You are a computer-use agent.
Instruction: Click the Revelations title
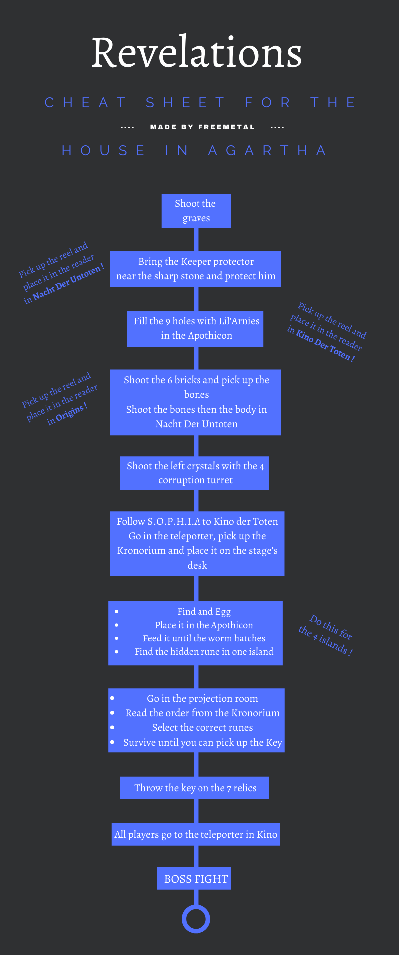click(197, 53)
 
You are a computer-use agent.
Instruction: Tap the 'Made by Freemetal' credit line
click(202, 127)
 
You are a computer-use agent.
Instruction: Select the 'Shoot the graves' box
click(196, 211)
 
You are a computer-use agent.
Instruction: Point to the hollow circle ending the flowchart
click(196, 918)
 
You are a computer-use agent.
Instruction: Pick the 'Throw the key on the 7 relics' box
click(195, 788)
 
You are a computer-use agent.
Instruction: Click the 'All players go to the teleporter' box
click(196, 834)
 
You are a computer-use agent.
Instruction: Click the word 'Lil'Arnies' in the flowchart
click(239, 321)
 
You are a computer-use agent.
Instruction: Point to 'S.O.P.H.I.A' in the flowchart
click(173, 522)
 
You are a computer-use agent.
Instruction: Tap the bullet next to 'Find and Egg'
click(116, 611)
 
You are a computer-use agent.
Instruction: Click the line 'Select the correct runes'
click(202, 727)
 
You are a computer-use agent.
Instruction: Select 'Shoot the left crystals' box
click(195, 473)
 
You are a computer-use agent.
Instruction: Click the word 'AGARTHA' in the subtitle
click(267, 151)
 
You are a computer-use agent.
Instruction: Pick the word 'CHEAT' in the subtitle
click(85, 103)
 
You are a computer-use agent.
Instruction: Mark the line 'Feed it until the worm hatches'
click(204, 638)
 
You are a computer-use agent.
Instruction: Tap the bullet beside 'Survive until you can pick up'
click(112, 742)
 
